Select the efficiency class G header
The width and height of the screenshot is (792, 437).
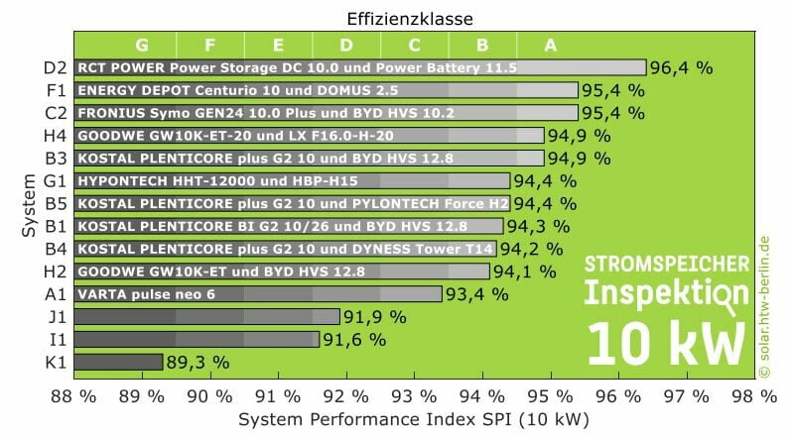[142, 45]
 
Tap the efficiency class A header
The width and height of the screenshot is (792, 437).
[550, 45]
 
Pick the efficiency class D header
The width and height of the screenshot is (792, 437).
[345, 45]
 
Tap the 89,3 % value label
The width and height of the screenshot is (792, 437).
[198, 362]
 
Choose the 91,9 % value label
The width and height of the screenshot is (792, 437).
[374, 316]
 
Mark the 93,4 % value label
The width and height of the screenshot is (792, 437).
[476, 293]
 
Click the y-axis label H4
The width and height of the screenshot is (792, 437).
[56, 135]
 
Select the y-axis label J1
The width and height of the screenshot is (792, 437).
[56, 316]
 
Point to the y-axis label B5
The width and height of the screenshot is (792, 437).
[56, 203]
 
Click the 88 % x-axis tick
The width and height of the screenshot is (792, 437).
[73, 395]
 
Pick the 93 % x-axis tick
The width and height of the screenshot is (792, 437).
[413, 395]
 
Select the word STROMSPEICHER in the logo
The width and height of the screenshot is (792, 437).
[666, 265]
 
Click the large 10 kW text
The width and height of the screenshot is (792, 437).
[666, 343]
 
